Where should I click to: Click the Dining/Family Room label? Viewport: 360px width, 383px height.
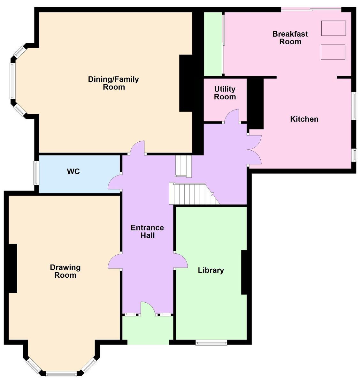[x=113, y=83]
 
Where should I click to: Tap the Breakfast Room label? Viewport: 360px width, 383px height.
[x=290, y=38]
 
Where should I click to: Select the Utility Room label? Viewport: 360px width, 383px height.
[x=225, y=93]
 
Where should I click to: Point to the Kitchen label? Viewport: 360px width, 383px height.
[x=304, y=119]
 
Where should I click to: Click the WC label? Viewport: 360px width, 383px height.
[x=73, y=171]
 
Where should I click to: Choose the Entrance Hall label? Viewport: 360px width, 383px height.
[x=147, y=231]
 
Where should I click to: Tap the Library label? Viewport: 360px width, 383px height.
[x=211, y=270]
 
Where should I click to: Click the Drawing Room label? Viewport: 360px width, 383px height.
[x=65, y=271]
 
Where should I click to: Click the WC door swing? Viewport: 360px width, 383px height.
[x=114, y=182]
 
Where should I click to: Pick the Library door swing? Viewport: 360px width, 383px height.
[x=181, y=261]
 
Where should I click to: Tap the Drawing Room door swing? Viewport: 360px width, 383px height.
[x=114, y=261]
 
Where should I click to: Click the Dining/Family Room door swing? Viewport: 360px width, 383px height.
[x=137, y=148]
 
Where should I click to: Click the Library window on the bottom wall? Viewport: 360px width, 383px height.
[x=211, y=342]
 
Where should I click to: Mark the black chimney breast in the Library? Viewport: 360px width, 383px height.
[x=244, y=272]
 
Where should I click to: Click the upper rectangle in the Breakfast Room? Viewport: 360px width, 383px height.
[x=333, y=28]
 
